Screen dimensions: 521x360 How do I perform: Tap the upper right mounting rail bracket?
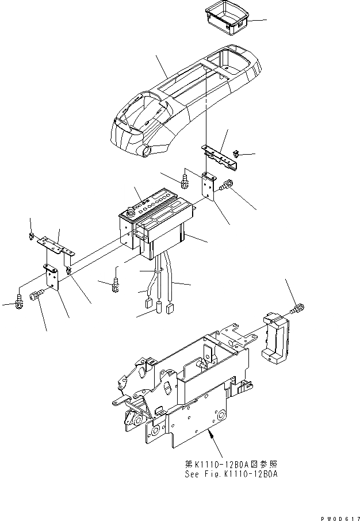pyautogui.click(x=221, y=157)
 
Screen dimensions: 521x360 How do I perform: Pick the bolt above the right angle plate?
pyautogui.click(x=186, y=180)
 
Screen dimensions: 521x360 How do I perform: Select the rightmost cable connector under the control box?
pyautogui.click(x=170, y=309)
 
